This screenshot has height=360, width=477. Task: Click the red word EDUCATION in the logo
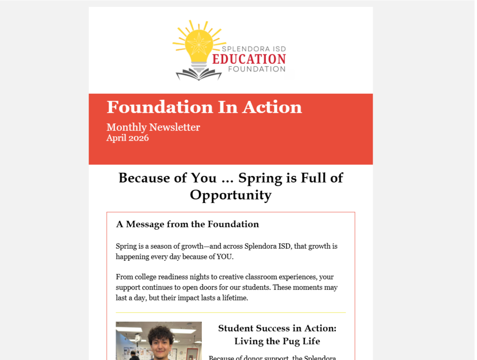249,59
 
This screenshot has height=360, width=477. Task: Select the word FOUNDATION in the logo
257,69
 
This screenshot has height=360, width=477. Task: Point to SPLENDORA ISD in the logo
253,49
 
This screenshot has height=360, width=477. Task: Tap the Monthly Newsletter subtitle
153,127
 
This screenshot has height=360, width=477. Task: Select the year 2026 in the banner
139,138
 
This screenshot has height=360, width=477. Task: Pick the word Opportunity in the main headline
231,195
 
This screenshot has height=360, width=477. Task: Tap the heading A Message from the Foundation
187,224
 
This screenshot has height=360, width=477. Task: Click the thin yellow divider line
231,312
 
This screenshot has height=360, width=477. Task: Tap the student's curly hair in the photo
161,334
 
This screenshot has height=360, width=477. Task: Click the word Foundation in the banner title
153,107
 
